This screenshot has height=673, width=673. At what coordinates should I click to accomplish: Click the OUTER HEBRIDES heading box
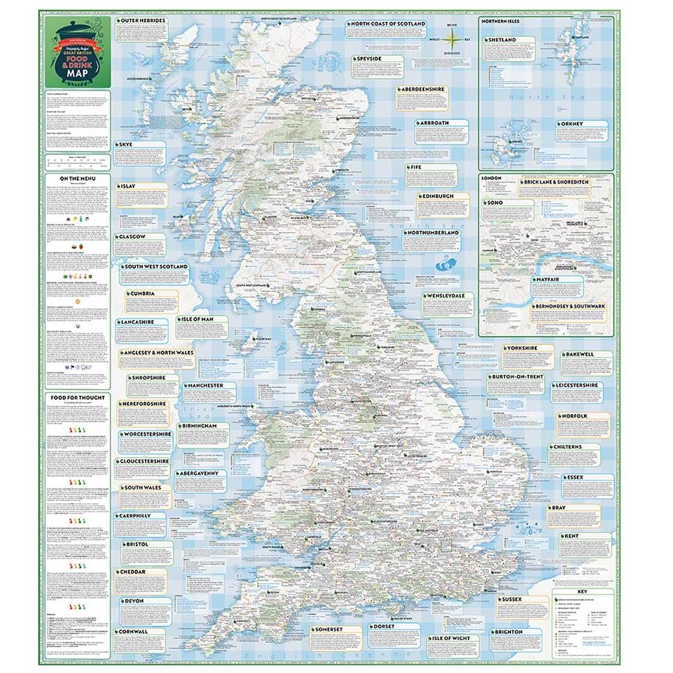[142, 21]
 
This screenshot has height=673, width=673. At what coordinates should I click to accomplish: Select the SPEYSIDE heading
[368, 59]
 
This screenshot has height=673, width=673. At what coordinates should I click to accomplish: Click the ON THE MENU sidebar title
[77, 179]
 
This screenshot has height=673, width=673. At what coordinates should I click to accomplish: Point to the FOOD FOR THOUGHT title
[77, 398]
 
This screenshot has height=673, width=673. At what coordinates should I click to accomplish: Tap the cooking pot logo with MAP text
[77, 53]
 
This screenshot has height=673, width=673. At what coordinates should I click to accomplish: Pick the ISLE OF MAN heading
[197, 319]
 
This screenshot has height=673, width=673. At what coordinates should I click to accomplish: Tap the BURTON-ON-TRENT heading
[517, 377]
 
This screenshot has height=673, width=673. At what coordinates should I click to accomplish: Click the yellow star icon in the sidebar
[78, 301]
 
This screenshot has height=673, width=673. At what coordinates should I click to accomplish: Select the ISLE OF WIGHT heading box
[450, 638]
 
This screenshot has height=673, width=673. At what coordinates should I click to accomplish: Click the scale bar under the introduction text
[77, 162]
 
